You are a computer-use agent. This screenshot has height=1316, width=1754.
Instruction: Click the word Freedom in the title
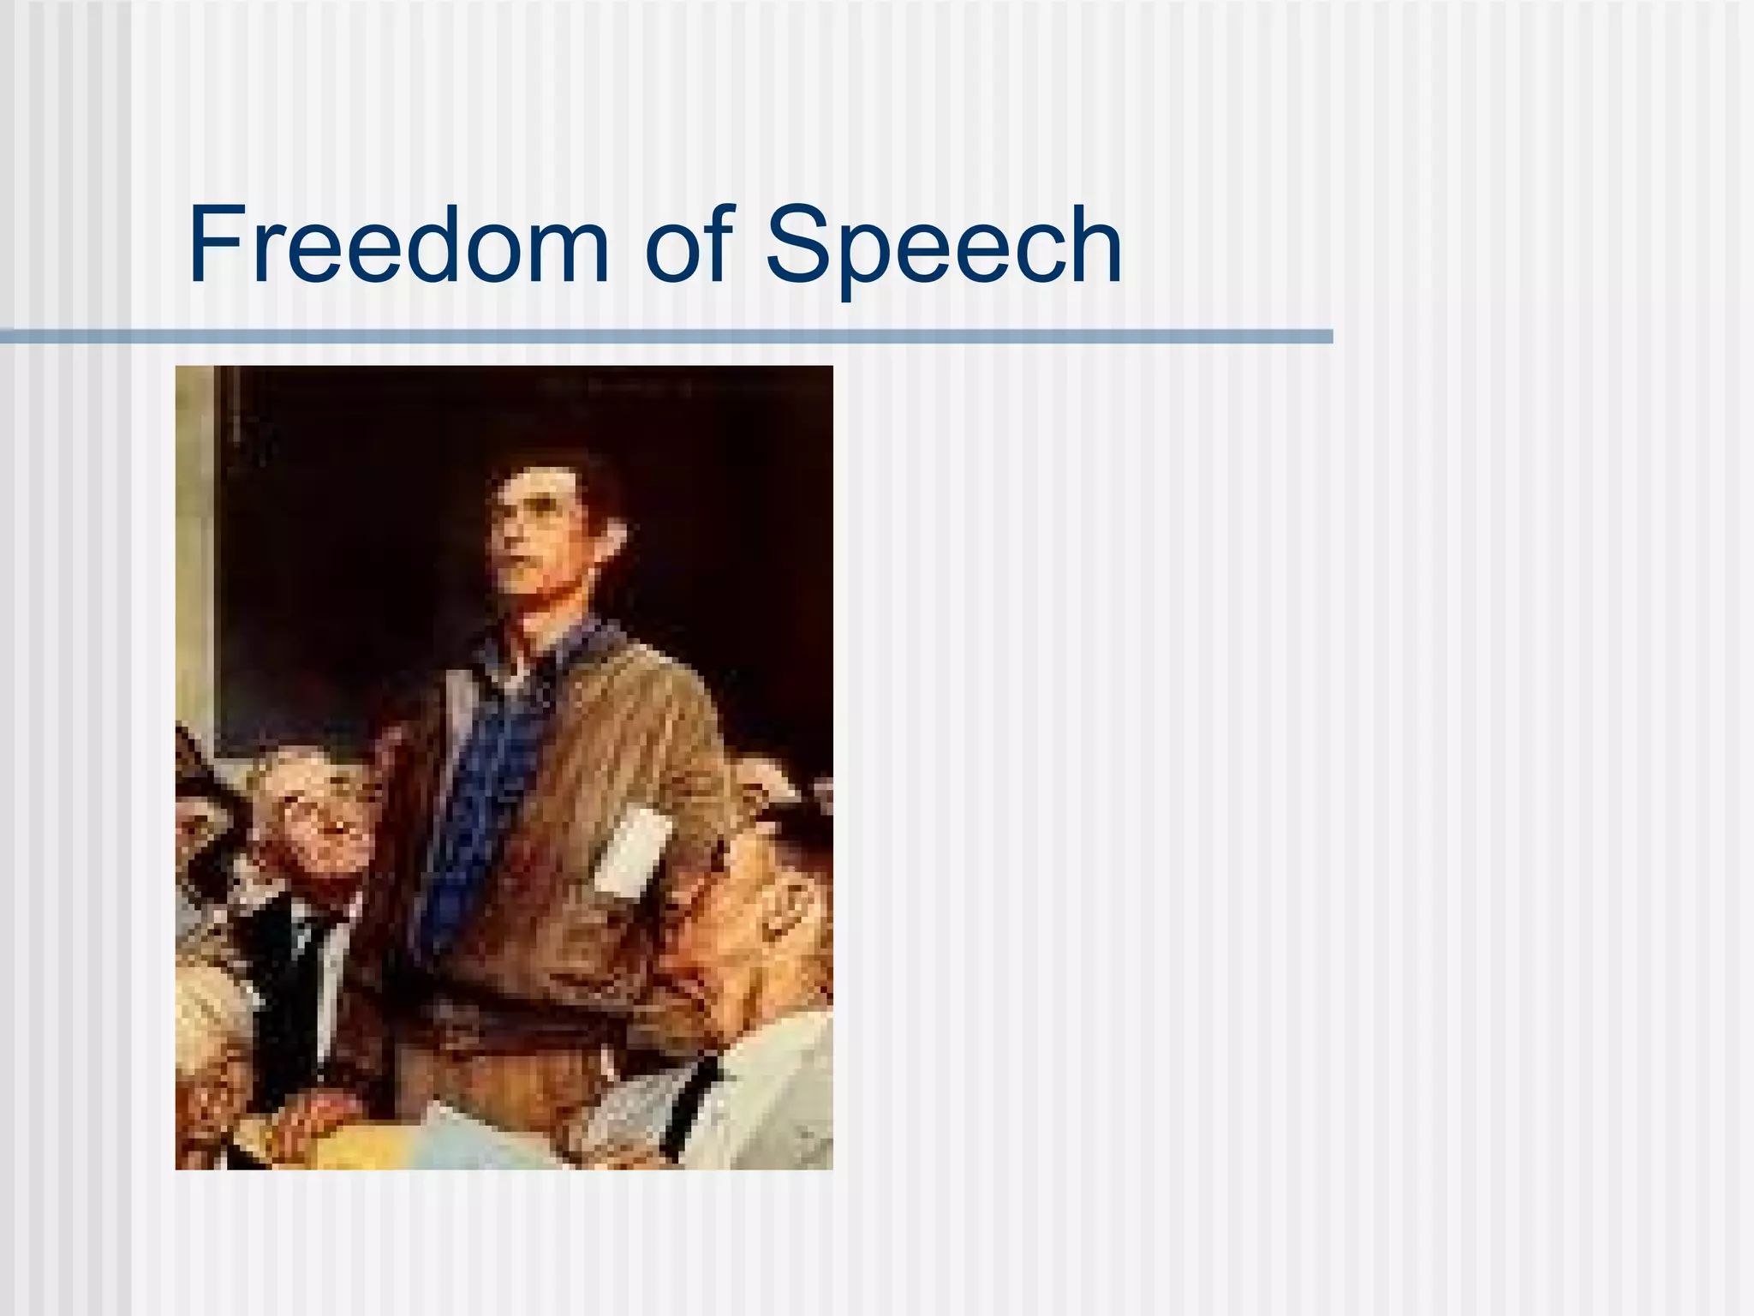click(397, 246)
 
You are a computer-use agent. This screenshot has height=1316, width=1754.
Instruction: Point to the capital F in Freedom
click(214, 246)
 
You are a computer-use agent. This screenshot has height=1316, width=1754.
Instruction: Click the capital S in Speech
click(801, 246)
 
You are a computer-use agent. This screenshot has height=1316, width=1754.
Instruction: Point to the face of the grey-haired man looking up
click(317, 814)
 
